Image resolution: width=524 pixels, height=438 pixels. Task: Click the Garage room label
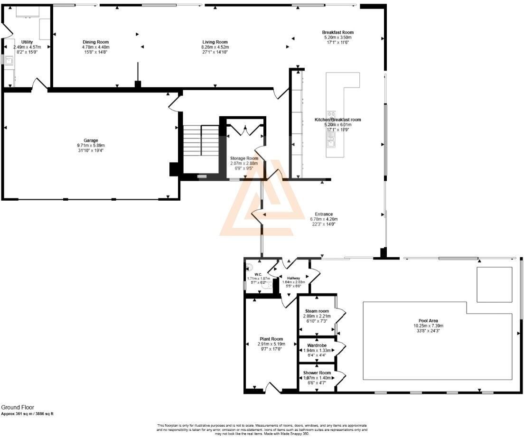[x=91, y=140]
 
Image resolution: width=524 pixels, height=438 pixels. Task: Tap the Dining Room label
[x=96, y=42]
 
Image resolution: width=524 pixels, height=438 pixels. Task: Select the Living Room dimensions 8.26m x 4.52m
[x=215, y=47]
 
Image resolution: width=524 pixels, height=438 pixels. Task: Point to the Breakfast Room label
[x=338, y=32]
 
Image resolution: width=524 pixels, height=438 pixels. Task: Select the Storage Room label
[x=244, y=158]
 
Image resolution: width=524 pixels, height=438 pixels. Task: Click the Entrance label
[x=321, y=214]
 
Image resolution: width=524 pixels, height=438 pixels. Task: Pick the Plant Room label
[x=271, y=339]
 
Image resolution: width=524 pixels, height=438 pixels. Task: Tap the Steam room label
[x=317, y=311]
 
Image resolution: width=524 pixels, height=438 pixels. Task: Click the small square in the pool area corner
[x=494, y=284]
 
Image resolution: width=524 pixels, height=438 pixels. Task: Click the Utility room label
[x=27, y=42]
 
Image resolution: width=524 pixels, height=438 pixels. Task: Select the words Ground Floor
[x=17, y=407]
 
